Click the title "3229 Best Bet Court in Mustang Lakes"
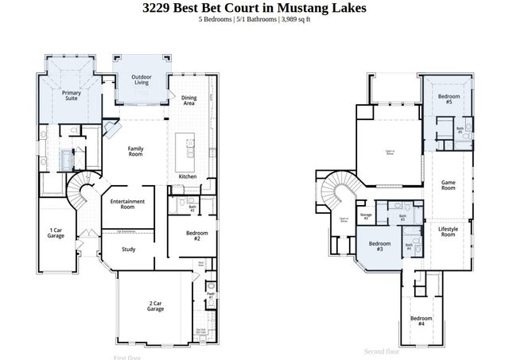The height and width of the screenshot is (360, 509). point(254,9)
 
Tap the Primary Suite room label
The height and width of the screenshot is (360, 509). point(72,95)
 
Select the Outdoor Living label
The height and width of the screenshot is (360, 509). point(141,79)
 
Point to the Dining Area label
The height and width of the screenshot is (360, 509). point(189,100)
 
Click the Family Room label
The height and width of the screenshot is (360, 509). point(141,150)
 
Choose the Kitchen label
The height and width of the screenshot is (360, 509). point(188,176)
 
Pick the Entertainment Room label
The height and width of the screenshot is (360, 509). point(127,204)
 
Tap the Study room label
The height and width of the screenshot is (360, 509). point(128,249)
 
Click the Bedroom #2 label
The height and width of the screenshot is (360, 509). point(197,236)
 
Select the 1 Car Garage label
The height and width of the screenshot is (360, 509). point(56,233)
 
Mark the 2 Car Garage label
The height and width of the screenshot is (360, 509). point(155,306)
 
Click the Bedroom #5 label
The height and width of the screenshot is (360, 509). point(445,99)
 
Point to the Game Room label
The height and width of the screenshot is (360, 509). point(449,186)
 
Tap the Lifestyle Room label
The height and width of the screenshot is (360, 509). point(449,232)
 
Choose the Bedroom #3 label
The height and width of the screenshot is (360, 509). point(379,246)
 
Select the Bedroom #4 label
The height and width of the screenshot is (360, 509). point(421,322)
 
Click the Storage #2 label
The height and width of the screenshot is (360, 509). point(366,216)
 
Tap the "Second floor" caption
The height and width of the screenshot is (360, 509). point(382,350)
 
